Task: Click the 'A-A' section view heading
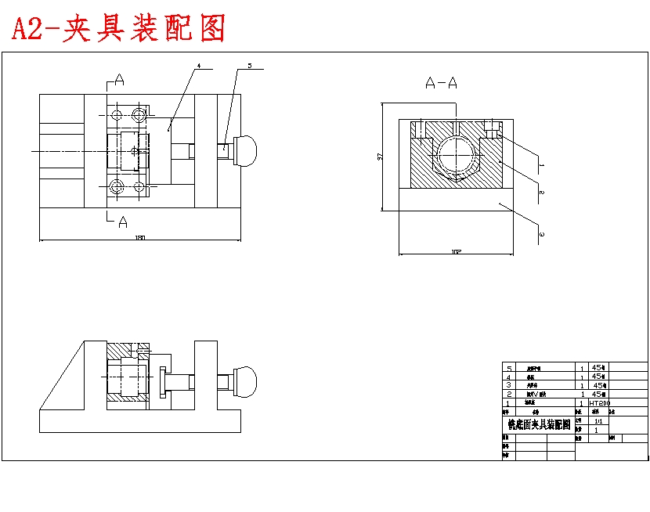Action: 441,82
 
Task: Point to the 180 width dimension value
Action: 139,238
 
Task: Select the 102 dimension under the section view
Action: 455,252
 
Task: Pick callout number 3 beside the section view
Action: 540,232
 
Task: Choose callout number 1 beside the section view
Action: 540,166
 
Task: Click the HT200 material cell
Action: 600,402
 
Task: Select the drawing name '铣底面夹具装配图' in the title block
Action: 540,424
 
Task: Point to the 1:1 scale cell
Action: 598,420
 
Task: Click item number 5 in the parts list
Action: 509,368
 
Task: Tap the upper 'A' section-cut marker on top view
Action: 119,80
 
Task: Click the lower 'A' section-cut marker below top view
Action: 122,222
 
